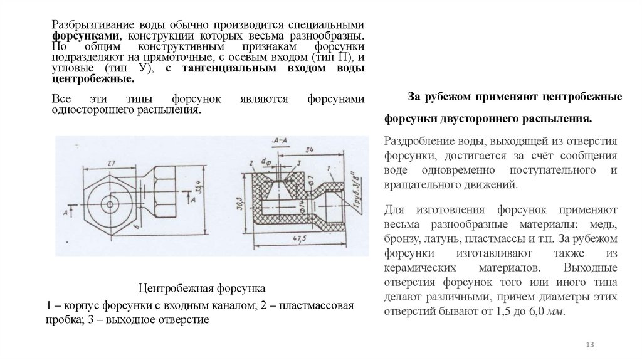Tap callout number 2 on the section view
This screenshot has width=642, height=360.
[x=250, y=162]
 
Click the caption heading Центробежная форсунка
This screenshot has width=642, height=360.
[x=201, y=289]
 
